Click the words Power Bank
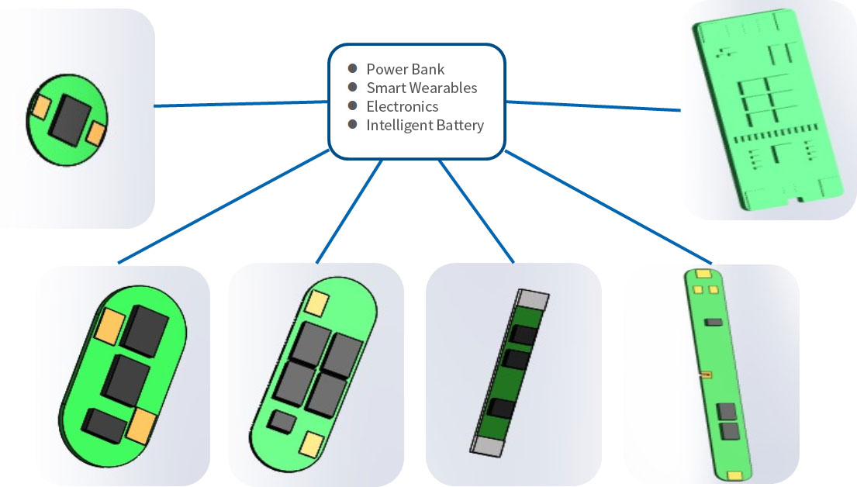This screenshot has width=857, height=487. point(405,69)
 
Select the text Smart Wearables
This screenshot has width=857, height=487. point(421,88)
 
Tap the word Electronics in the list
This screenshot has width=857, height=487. point(402,106)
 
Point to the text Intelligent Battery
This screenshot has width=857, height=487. point(425,125)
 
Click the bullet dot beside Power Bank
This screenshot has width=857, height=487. point(353,68)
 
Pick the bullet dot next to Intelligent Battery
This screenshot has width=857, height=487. point(353,124)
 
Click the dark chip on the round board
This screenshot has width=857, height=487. point(68,119)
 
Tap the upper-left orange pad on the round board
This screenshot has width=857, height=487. point(40,106)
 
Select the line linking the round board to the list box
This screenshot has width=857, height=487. point(240,103)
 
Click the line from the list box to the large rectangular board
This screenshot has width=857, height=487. point(593,105)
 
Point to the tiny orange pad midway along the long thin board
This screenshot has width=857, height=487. point(707,375)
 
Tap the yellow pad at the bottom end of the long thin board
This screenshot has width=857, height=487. point(734,473)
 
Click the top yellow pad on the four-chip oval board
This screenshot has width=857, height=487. point(318,303)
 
